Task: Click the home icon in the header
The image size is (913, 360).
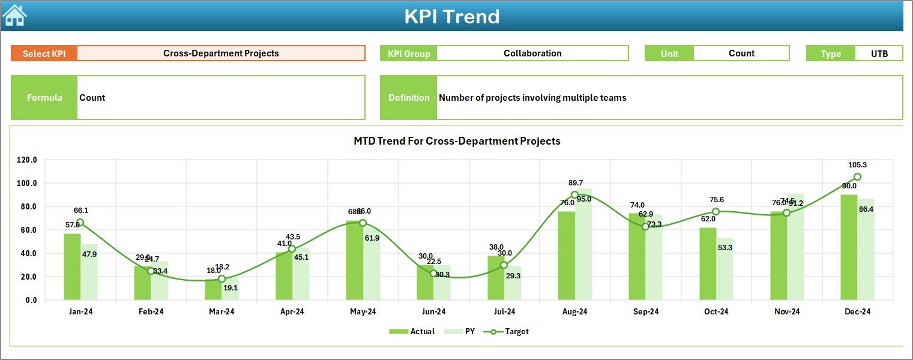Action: click(x=14, y=15)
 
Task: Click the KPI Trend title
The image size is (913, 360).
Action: click(x=451, y=16)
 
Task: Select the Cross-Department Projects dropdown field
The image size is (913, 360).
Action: click(x=221, y=53)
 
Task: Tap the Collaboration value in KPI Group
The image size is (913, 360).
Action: click(x=532, y=53)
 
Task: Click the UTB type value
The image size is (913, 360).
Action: click(x=879, y=53)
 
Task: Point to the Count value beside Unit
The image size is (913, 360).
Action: click(x=741, y=53)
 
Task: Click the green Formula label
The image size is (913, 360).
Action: click(x=44, y=98)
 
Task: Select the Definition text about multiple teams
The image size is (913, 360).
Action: click(x=532, y=98)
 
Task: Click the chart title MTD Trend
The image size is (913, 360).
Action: click(x=457, y=141)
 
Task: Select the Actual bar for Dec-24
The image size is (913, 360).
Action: click(x=849, y=247)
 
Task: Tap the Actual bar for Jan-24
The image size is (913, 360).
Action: click(x=72, y=266)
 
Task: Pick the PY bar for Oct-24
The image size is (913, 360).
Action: click(x=725, y=269)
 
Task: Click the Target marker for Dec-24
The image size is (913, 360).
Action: click(x=857, y=177)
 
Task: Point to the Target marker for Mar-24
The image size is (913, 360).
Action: click(x=221, y=279)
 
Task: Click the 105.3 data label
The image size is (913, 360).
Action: click(x=857, y=165)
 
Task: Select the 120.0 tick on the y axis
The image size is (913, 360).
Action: click(x=27, y=160)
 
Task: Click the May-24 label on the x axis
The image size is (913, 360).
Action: click(x=363, y=311)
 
